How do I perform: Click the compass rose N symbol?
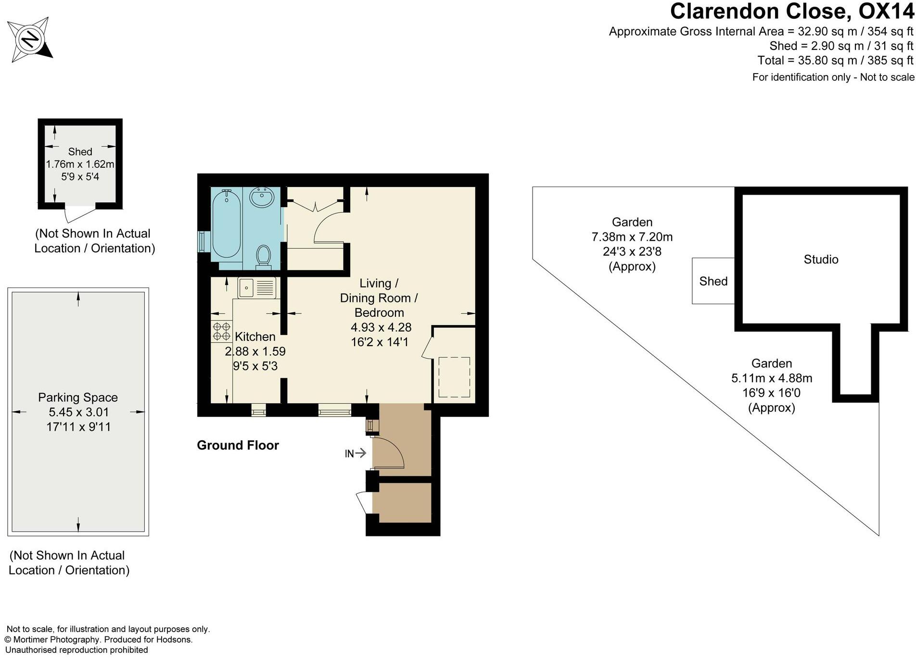31,38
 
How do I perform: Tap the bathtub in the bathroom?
226,224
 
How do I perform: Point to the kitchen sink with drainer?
257,288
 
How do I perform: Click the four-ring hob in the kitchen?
221,331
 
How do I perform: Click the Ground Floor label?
238,446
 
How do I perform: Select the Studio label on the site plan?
821,260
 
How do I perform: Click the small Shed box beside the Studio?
713,281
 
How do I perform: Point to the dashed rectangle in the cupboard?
454,377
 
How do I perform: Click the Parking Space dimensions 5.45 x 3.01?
78,412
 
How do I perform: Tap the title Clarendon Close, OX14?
792,12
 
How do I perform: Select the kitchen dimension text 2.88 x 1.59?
255,352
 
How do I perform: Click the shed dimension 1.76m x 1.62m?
80,164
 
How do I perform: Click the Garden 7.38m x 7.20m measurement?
632,237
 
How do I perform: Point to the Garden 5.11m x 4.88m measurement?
771,378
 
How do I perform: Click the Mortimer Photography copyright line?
99,640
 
